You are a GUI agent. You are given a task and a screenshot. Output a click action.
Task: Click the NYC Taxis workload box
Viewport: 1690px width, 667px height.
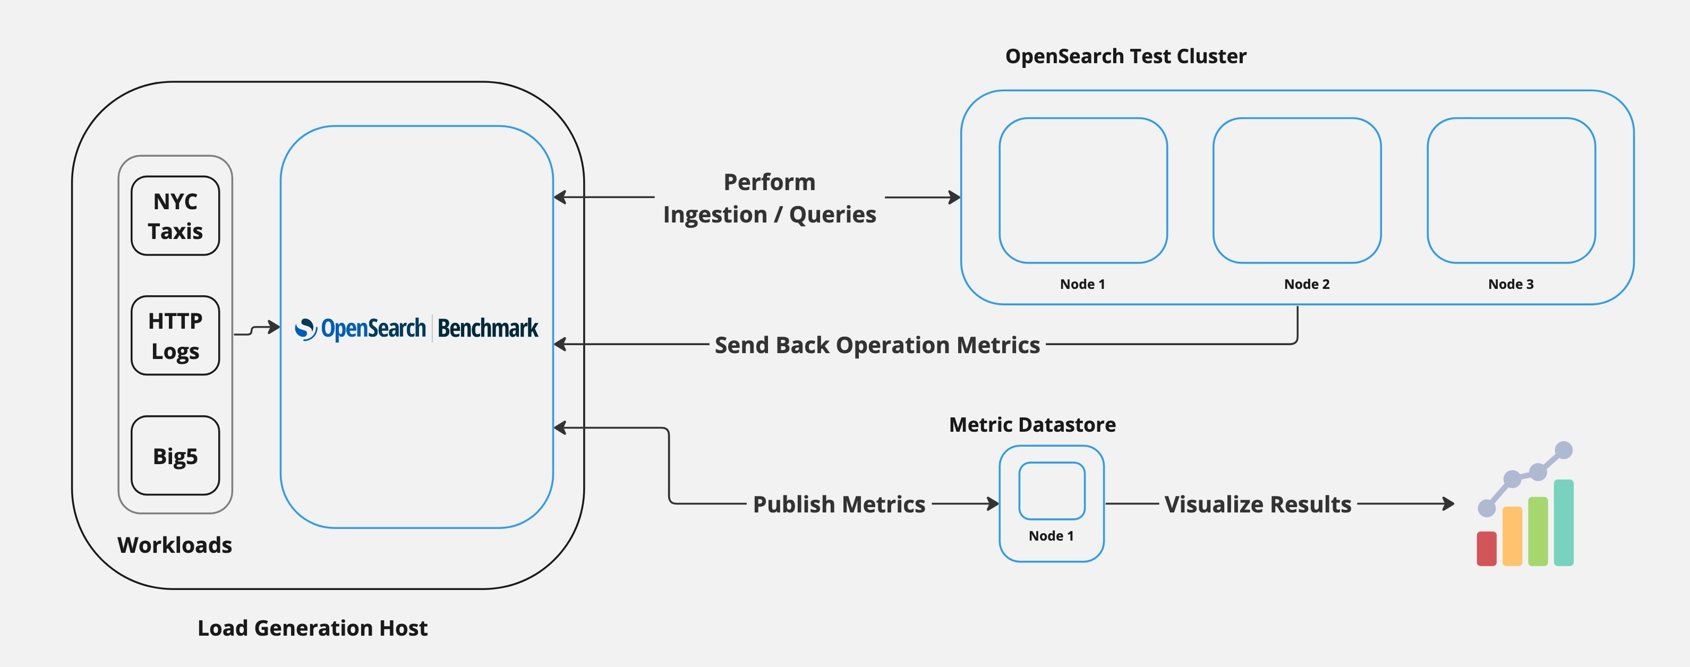click(x=175, y=216)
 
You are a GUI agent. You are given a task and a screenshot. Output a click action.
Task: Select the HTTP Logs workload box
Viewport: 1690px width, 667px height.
click(x=175, y=336)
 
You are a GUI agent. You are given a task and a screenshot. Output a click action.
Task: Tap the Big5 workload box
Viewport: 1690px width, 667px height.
click(x=175, y=456)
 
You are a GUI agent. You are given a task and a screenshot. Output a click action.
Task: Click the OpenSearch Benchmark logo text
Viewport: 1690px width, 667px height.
click(x=416, y=328)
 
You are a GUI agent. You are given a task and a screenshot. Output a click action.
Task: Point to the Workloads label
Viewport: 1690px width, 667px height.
click(x=175, y=545)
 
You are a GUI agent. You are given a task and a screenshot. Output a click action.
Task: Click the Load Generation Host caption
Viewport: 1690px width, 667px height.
click(x=312, y=628)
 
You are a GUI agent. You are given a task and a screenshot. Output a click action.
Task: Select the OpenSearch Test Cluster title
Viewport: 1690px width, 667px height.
click(x=1125, y=56)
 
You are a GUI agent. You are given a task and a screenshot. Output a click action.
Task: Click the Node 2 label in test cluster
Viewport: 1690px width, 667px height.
click(x=1306, y=284)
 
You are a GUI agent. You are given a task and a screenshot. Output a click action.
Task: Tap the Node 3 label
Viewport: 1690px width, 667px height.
click(x=1510, y=284)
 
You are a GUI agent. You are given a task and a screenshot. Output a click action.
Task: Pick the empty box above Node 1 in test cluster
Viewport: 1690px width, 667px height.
click(x=1082, y=190)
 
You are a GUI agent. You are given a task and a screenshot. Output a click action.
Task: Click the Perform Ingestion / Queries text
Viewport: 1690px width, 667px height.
click(x=769, y=198)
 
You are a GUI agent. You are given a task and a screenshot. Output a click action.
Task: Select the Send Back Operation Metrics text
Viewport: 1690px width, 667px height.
click(x=876, y=345)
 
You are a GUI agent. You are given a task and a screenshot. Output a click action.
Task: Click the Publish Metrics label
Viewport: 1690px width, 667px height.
click(x=839, y=504)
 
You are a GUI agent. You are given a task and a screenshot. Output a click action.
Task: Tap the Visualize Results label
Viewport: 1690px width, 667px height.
click(x=1257, y=504)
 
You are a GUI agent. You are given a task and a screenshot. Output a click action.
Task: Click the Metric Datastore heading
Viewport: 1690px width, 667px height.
click(x=1032, y=425)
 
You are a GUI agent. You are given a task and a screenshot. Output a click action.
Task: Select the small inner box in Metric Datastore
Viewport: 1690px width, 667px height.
click(x=1052, y=491)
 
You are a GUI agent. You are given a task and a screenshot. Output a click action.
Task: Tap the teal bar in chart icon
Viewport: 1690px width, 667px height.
click(x=1564, y=523)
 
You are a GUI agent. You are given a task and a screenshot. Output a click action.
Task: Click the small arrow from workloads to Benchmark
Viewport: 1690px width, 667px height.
click(x=257, y=329)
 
